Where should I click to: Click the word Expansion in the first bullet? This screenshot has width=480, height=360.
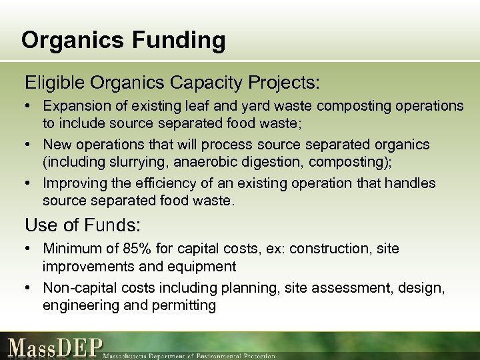pos(73,107)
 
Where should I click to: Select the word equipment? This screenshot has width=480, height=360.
pos(204,267)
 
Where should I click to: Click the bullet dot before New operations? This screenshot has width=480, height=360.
pos(30,145)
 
